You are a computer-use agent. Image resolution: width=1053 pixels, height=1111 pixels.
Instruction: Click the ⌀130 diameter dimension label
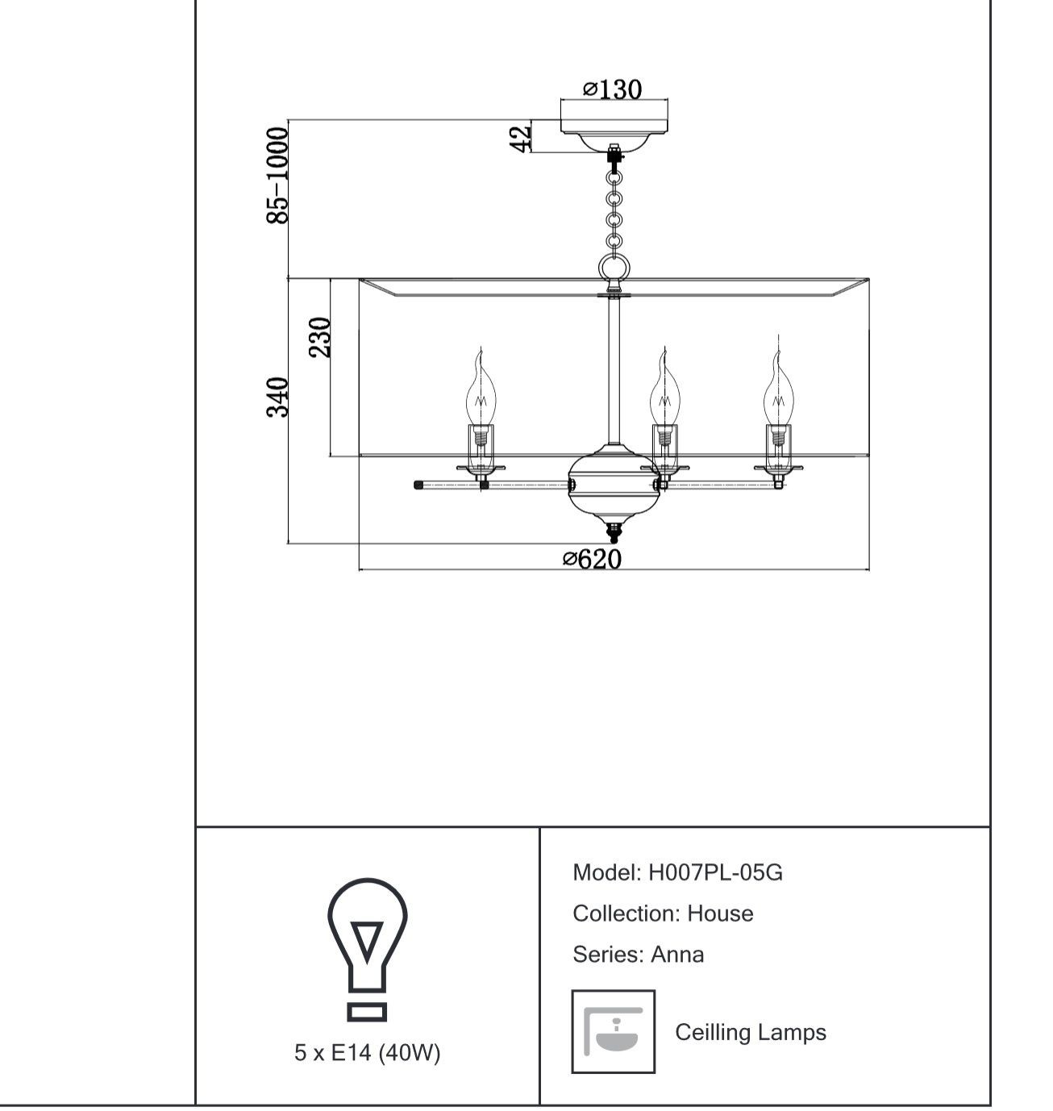tap(612, 89)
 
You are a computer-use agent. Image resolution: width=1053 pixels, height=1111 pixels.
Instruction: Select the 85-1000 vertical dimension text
tap(277, 175)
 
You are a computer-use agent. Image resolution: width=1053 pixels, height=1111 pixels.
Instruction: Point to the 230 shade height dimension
tap(319, 336)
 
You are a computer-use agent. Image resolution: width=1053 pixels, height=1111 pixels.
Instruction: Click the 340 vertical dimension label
tap(277, 397)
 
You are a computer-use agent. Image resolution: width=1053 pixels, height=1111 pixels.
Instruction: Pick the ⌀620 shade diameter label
tap(592, 559)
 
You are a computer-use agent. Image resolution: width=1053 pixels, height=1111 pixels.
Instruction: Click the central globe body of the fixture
tap(614, 482)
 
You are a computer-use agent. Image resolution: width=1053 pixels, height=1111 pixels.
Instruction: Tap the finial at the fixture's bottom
tap(614, 532)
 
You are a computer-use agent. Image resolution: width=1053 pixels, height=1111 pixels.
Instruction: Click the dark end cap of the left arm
tap(418, 485)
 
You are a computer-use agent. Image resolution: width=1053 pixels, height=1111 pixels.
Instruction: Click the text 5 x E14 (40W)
tap(367, 1051)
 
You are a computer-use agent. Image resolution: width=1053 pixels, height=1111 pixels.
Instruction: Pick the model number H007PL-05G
tap(715, 872)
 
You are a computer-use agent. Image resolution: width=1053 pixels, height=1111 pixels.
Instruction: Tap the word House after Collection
tap(719, 913)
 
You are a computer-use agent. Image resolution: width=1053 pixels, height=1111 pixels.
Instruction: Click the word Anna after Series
tap(677, 955)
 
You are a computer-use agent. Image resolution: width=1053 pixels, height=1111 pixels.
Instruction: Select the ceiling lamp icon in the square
tap(614, 1030)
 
